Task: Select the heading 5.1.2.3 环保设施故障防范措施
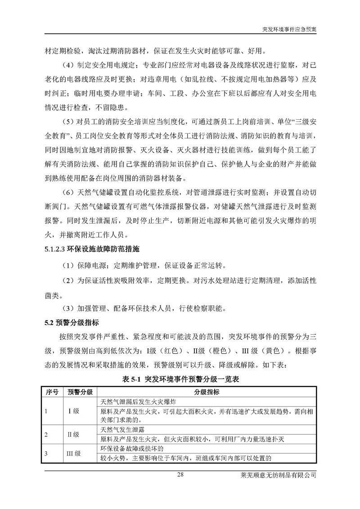pos(88,248)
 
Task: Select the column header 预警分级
pos(80,392)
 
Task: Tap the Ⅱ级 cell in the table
pos(73,435)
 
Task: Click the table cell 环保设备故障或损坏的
pos(129,449)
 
